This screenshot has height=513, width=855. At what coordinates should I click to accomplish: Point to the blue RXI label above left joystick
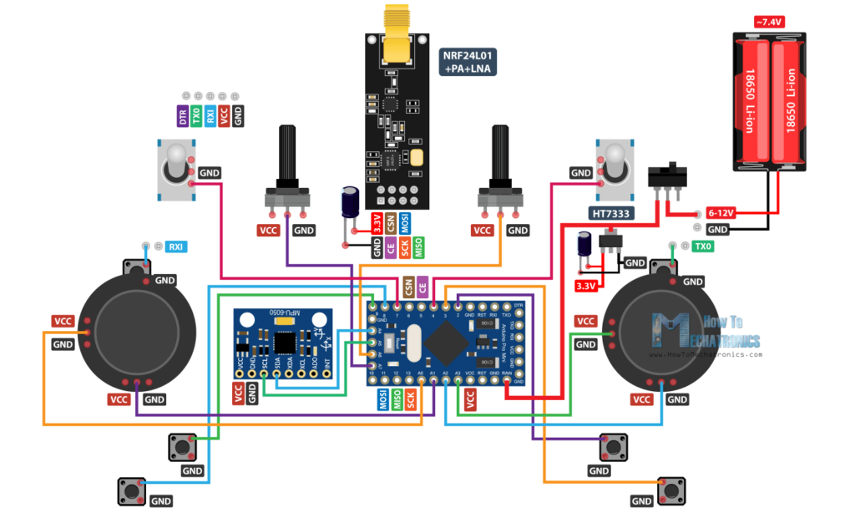(x=176, y=246)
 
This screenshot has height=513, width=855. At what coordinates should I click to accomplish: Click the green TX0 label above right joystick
(x=703, y=246)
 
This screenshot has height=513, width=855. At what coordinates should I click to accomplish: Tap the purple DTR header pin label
(x=182, y=117)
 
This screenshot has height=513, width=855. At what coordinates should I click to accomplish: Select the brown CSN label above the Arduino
(x=408, y=287)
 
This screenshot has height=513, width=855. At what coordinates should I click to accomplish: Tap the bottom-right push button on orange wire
(x=671, y=489)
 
